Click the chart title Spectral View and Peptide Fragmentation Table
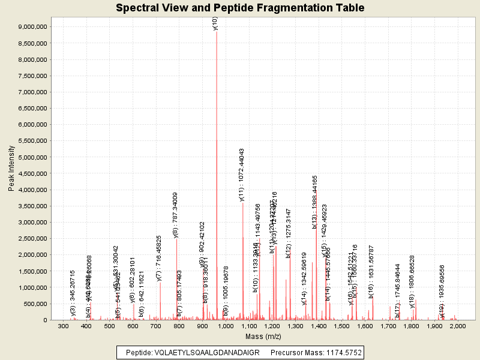click(240, 8)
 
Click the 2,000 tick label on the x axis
click(458, 326)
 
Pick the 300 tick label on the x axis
click(64, 326)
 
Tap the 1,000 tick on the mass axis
click(226, 326)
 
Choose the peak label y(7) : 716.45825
click(159, 258)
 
